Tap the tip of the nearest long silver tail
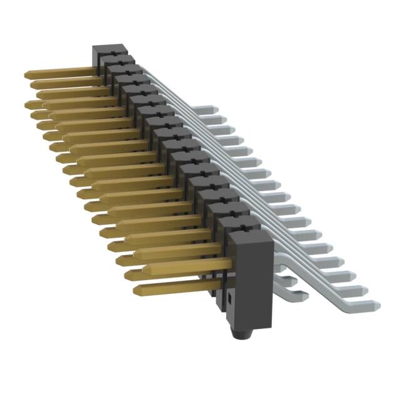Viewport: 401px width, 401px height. (375, 305)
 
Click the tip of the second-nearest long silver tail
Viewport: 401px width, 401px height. (362, 290)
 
